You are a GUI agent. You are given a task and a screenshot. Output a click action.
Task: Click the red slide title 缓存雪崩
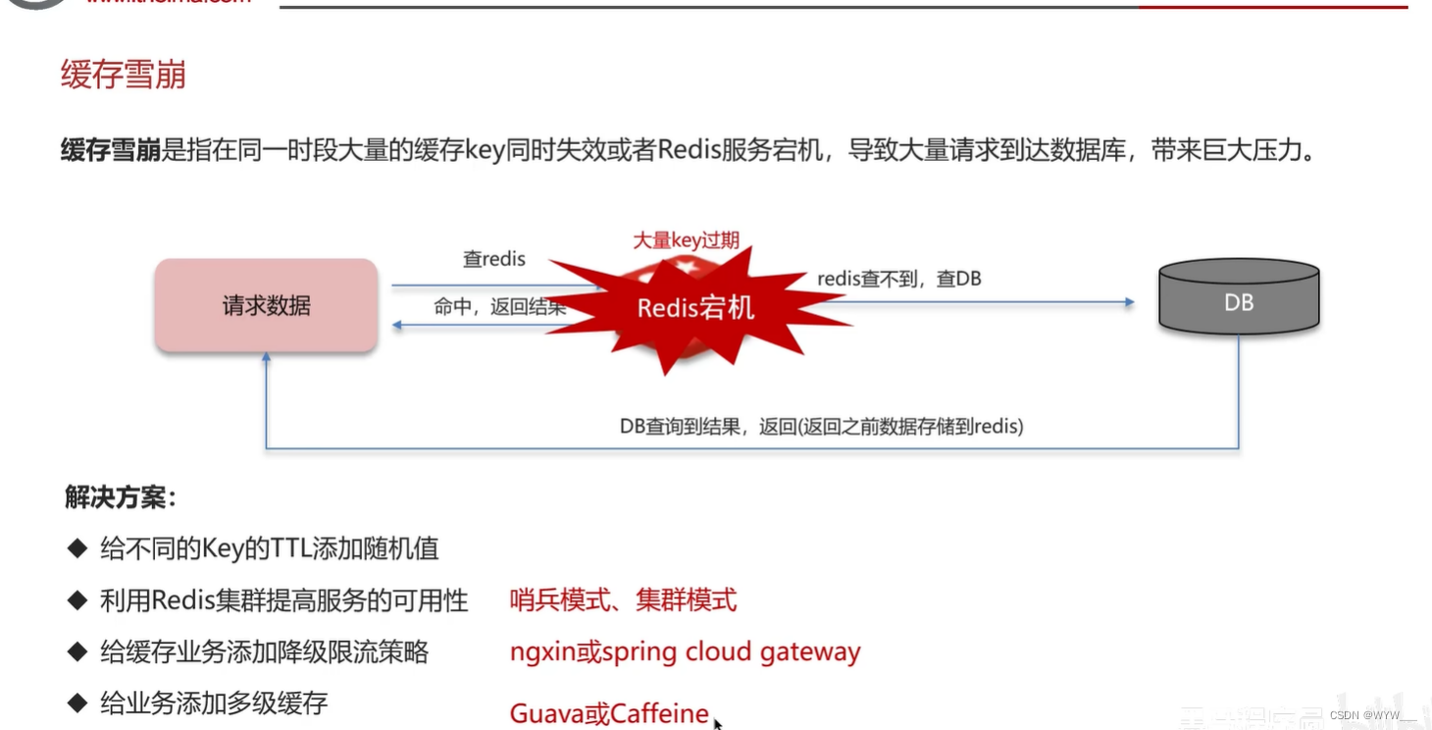[124, 75]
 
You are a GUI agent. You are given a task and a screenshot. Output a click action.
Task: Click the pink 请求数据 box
[266, 305]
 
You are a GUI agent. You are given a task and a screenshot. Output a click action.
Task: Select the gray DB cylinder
[1238, 296]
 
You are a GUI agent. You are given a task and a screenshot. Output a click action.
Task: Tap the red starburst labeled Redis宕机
[695, 307]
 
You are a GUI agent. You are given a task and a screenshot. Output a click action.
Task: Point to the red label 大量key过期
[686, 240]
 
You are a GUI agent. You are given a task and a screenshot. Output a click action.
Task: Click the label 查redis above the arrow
[494, 259]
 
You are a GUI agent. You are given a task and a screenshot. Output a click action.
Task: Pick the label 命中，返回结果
[499, 307]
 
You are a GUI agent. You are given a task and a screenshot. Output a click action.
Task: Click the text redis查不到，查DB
[899, 279]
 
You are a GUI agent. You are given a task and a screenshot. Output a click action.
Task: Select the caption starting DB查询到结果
[821, 426]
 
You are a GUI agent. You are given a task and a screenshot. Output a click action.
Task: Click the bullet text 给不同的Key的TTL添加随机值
[270, 547]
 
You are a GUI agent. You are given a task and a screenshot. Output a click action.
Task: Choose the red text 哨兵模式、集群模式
[623, 600]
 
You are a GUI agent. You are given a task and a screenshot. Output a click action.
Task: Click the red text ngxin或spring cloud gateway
[685, 652]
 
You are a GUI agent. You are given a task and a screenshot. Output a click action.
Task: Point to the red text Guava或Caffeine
[609, 713]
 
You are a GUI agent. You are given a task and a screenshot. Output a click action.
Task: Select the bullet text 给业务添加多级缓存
[214, 703]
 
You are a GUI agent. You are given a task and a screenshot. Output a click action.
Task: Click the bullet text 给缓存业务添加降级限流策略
[264, 652]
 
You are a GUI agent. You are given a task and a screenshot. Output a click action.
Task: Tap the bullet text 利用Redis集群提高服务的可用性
[283, 600]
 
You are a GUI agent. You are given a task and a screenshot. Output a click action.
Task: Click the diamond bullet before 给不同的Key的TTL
[77, 547]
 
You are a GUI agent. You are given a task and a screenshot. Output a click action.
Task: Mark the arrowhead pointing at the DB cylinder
[1129, 302]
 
